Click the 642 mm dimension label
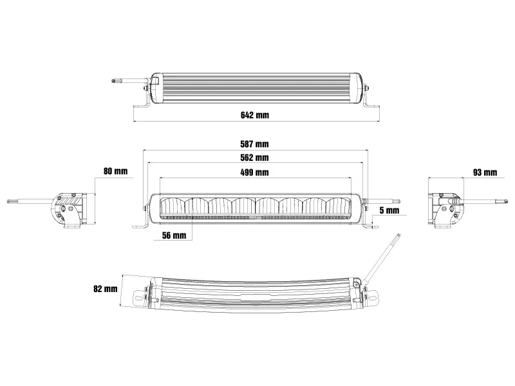(x=256, y=116)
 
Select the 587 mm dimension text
(x=256, y=143)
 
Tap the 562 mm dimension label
(x=256, y=158)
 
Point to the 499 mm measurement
(x=256, y=172)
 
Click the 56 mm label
(x=174, y=235)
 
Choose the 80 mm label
(x=116, y=172)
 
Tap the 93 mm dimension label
(x=484, y=172)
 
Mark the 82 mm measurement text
(x=106, y=288)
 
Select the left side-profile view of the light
(x=68, y=209)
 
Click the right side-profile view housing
(x=446, y=209)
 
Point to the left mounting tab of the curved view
(x=141, y=297)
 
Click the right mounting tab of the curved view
(x=371, y=297)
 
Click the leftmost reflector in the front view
(x=173, y=207)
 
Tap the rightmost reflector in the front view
(x=339, y=207)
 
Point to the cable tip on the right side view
(x=498, y=201)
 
